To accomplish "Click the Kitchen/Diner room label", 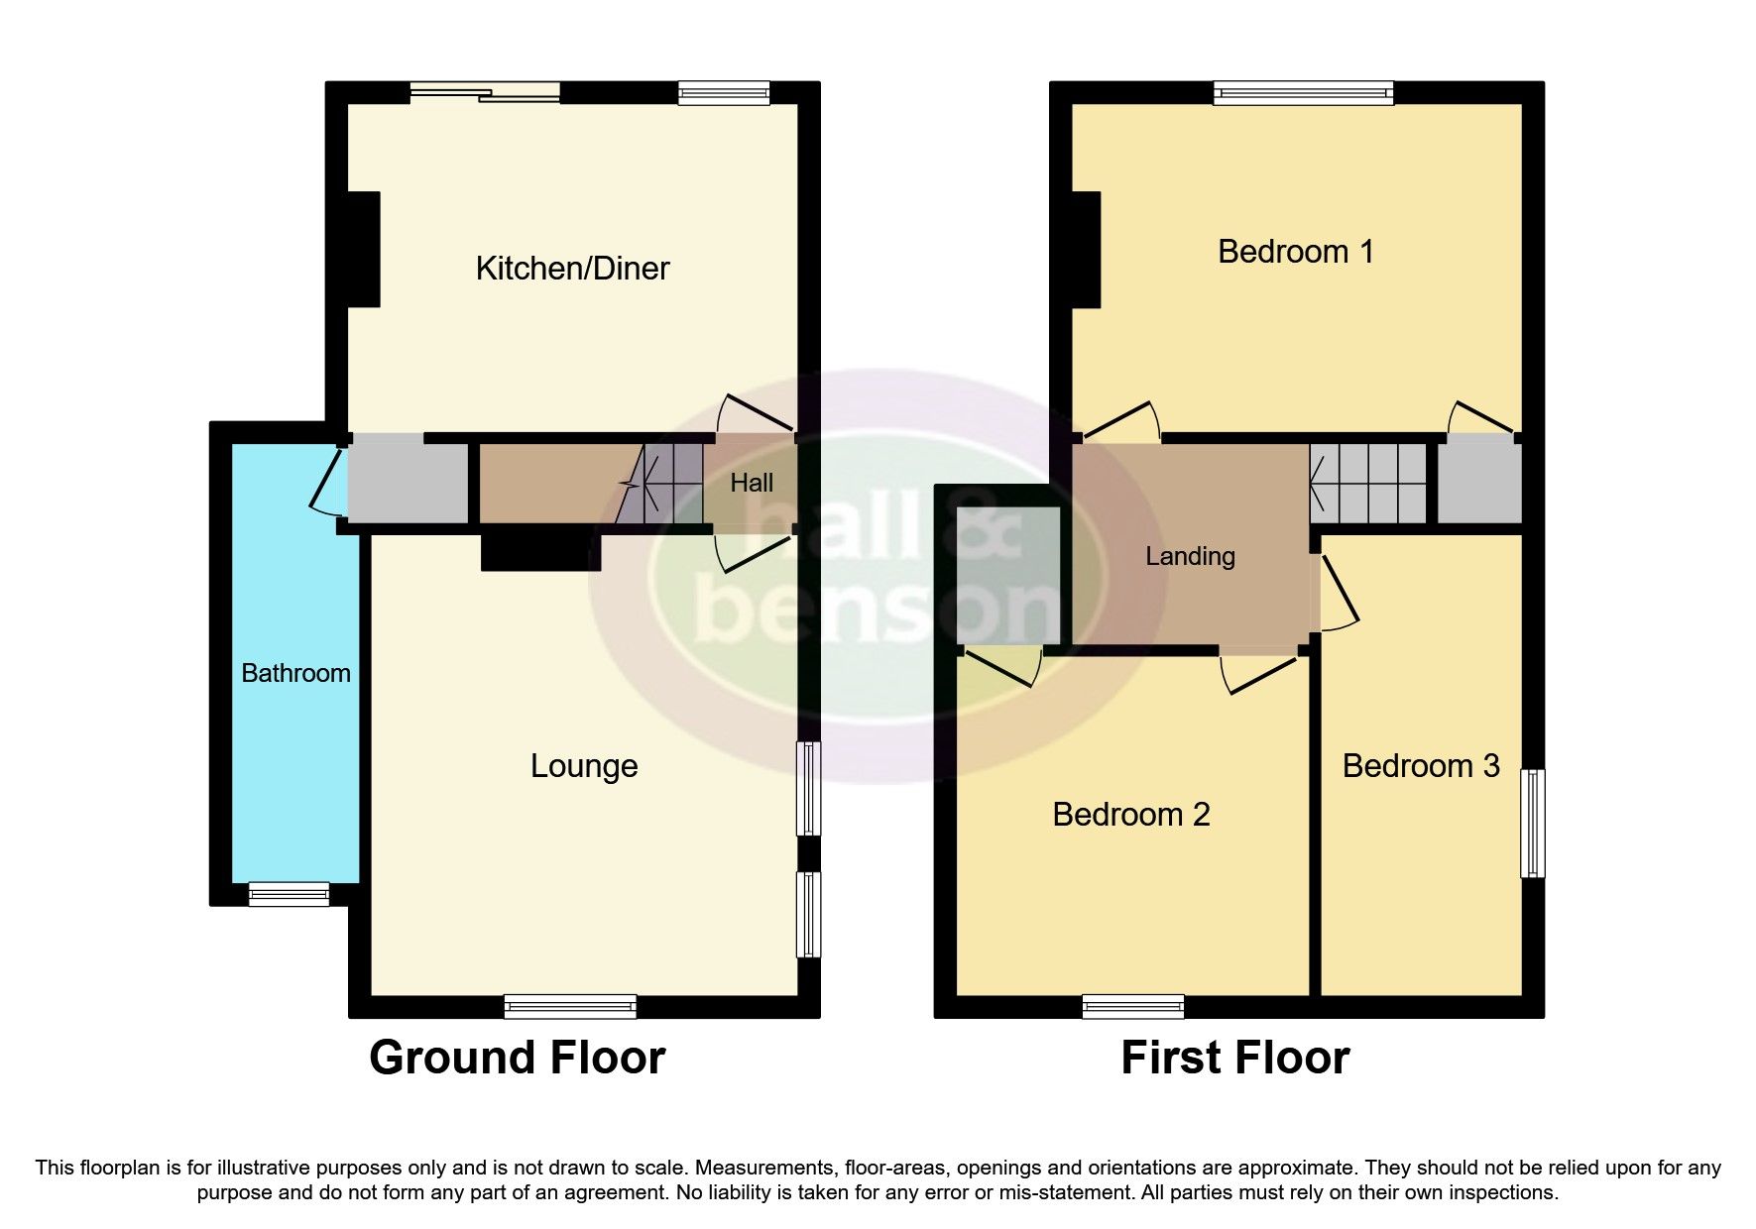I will [x=572, y=269].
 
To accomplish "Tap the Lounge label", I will [x=583, y=766].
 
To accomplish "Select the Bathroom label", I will [x=295, y=674].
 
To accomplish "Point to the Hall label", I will [x=752, y=484].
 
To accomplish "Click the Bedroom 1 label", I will [x=1295, y=252].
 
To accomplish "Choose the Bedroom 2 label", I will [x=1130, y=815].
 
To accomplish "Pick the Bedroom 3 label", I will [x=1420, y=766].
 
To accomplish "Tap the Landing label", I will [x=1190, y=557].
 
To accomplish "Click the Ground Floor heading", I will [x=517, y=1058].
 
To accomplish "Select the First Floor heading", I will [x=1234, y=1058].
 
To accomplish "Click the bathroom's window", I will [x=289, y=894].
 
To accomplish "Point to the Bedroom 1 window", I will [x=1303, y=93].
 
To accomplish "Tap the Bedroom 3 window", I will [x=1533, y=823].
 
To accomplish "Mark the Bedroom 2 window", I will [x=1132, y=1007].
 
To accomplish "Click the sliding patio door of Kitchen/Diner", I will [x=485, y=93].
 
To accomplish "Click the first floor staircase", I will [x=1368, y=484].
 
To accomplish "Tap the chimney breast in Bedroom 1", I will [x=1087, y=250].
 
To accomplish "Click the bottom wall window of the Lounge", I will [x=570, y=1007].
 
